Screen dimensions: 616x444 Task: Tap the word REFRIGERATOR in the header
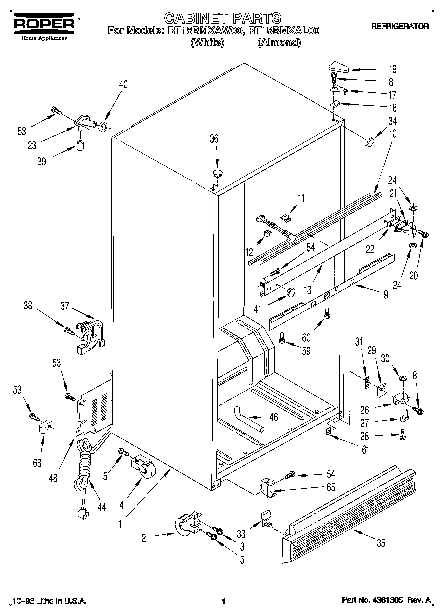(399, 27)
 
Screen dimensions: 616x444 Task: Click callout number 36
(214, 139)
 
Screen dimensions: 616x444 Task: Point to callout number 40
(122, 85)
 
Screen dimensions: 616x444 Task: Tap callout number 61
(365, 450)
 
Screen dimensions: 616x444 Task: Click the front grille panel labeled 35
(350, 504)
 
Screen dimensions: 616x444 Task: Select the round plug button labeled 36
(217, 173)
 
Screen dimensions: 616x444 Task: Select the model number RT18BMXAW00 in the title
(213, 31)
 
